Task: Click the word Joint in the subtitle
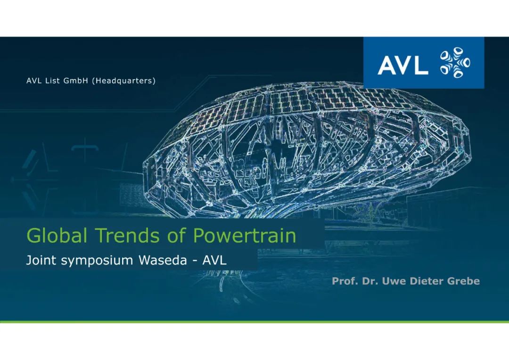[38, 261]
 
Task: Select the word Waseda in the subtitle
[162, 261]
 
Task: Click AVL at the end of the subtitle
[214, 261]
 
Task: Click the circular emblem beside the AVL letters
[454, 63]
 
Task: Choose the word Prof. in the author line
[344, 281]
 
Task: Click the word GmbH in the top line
[76, 81]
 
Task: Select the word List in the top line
[51, 81]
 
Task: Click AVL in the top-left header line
[33, 81]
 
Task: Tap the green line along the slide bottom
[254, 321]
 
